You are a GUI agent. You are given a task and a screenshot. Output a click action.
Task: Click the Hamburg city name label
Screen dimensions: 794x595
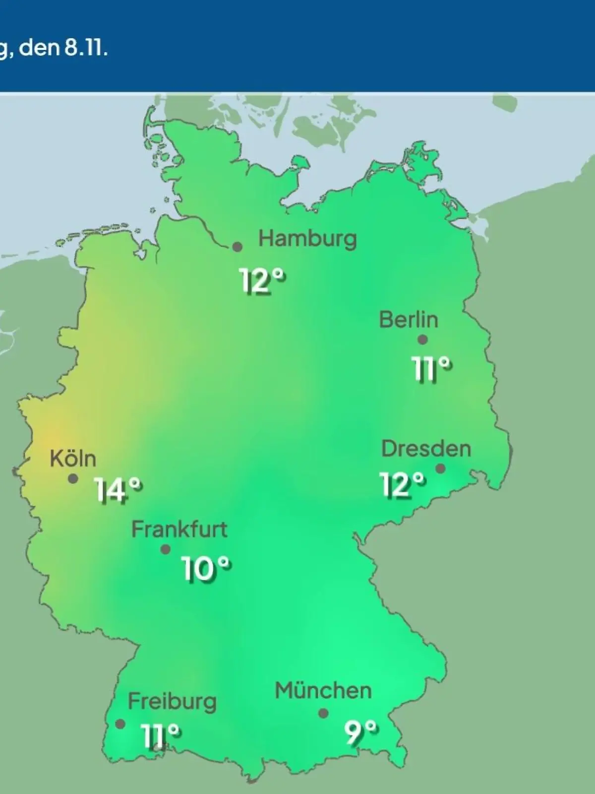point(307,239)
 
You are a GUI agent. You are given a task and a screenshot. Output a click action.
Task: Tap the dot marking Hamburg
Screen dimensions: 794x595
point(238,247)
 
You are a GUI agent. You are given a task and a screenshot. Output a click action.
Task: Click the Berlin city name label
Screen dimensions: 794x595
point(409,320)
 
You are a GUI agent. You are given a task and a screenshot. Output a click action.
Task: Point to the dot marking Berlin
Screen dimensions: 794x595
point(422,340)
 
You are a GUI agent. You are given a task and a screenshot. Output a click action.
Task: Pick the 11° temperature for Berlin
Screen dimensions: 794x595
point(432,369)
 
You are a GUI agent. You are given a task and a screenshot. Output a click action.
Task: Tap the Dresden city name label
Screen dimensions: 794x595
point(426,449)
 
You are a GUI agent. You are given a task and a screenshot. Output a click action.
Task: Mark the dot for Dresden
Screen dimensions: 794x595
point(440,468)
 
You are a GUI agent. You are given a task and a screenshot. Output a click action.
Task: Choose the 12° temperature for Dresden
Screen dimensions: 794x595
point(403,484)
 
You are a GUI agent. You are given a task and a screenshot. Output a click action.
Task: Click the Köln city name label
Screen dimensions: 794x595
point(73,459)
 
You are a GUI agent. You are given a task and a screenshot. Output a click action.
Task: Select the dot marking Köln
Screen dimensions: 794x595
point(73,479)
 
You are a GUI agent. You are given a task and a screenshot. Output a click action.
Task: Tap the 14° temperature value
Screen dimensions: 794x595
point(118,490)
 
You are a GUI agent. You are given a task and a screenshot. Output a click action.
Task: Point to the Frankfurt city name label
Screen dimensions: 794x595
point(179,529)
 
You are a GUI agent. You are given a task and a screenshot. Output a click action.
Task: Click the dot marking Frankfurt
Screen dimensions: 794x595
point(166,549)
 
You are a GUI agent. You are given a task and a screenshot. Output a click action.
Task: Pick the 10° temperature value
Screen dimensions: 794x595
point(206,568)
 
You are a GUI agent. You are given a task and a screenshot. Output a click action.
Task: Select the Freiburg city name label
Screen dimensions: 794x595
point(172,702)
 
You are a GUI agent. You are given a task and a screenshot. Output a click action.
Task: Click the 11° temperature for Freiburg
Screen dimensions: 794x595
point(160,735)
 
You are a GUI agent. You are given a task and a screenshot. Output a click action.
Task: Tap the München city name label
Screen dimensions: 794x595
point(323,690)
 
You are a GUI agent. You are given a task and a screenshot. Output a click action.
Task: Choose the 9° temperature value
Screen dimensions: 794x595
point(360,732)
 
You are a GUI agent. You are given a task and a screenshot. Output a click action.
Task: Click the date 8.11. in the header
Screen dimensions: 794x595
point(85,50)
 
